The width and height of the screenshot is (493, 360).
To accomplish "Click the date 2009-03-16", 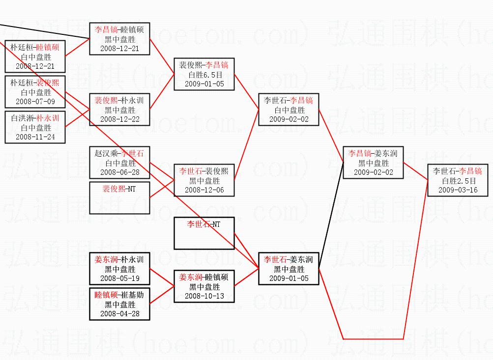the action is click(x=458, y=190).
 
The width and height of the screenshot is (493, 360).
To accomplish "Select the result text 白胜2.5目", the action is click(x=458, y=181).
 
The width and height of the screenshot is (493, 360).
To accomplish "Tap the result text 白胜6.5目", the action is click(x=204, y=75).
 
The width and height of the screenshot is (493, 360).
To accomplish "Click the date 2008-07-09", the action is click(x=35, y=102).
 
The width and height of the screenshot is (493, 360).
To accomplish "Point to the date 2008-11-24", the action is click(x=35, y=137).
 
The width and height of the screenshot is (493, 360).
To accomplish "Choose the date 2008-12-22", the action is click(x=119, y=119).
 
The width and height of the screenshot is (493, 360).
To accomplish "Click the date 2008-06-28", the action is click(x=119, y=172).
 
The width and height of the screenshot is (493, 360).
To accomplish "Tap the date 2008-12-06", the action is click(x=204, y=190).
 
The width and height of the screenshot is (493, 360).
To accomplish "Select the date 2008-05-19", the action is click(x=119, y=278).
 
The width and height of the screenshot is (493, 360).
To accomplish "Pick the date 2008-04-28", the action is click(x=119, y=314).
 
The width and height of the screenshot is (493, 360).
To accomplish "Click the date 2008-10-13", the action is click(x=204, y=296).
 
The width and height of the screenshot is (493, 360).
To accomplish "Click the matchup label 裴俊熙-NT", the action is click(x=119, y=189).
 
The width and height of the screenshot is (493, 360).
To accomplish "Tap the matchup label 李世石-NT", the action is click(x=204, y=224).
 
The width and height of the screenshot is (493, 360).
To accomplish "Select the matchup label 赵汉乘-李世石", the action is click(x=119, y=153).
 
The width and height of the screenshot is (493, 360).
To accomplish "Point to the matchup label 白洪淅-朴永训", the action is click(x=35, y=118).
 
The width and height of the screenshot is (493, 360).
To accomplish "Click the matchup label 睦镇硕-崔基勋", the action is click(x=119, y=295).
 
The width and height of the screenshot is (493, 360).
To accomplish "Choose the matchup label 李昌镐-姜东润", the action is click(x=373, y=153).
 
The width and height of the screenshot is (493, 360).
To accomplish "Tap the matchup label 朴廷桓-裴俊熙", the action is click(x=35, y=83).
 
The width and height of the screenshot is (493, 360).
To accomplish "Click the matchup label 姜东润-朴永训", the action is click(x=119, y=259).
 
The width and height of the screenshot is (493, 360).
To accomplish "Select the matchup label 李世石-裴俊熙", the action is click(x=204, y=171).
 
